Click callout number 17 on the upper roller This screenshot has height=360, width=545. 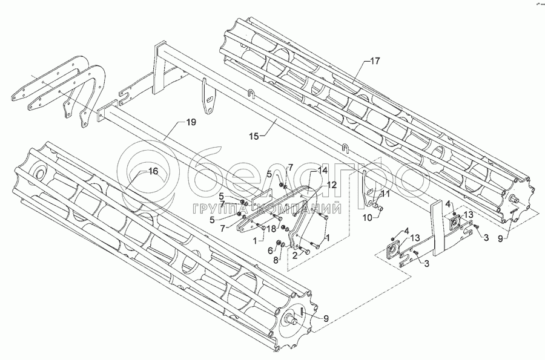point(375,61)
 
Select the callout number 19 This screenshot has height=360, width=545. point(191,122)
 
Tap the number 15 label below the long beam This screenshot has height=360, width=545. point(254,136)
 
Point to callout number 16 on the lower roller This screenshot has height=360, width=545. point(153,171)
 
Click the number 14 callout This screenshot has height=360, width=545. point(323,170)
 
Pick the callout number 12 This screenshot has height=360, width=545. point(332,185)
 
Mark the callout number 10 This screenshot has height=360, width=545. point(368,218)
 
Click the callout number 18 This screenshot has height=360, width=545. point(271,229)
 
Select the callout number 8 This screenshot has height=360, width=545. point(276,260)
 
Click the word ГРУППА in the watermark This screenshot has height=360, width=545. point(221,209)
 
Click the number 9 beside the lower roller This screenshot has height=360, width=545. point(326,319)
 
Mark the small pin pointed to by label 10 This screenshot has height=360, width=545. point(379,208)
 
